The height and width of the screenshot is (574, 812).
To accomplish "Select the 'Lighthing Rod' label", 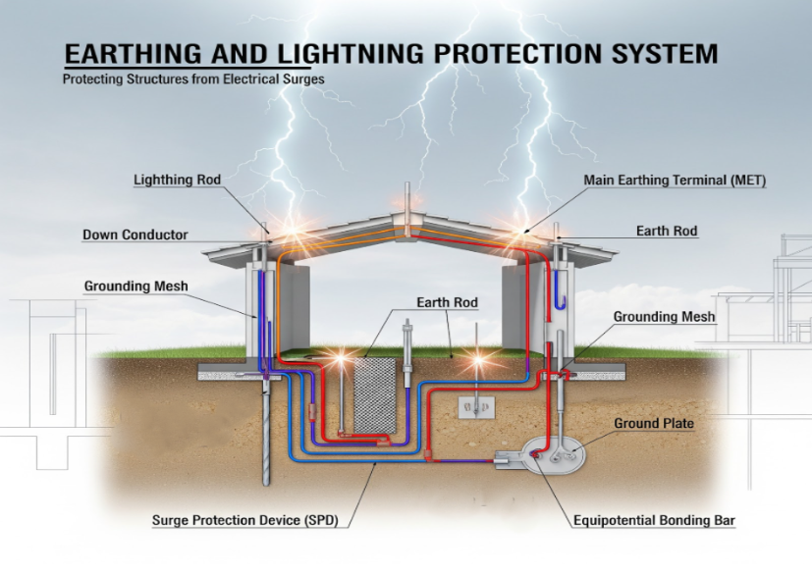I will tap(177, 181).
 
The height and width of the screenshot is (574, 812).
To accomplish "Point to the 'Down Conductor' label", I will tap(135, 235).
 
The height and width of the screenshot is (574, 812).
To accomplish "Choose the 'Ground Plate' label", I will tap(654, 424).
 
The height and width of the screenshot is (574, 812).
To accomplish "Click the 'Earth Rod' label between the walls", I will tap(447, 303).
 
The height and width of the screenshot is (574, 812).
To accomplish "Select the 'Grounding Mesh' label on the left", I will tap(135, 287).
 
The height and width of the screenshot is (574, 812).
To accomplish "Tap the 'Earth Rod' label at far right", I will tap(667, 232).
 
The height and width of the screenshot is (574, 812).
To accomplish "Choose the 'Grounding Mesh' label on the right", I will tap(665, 318).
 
